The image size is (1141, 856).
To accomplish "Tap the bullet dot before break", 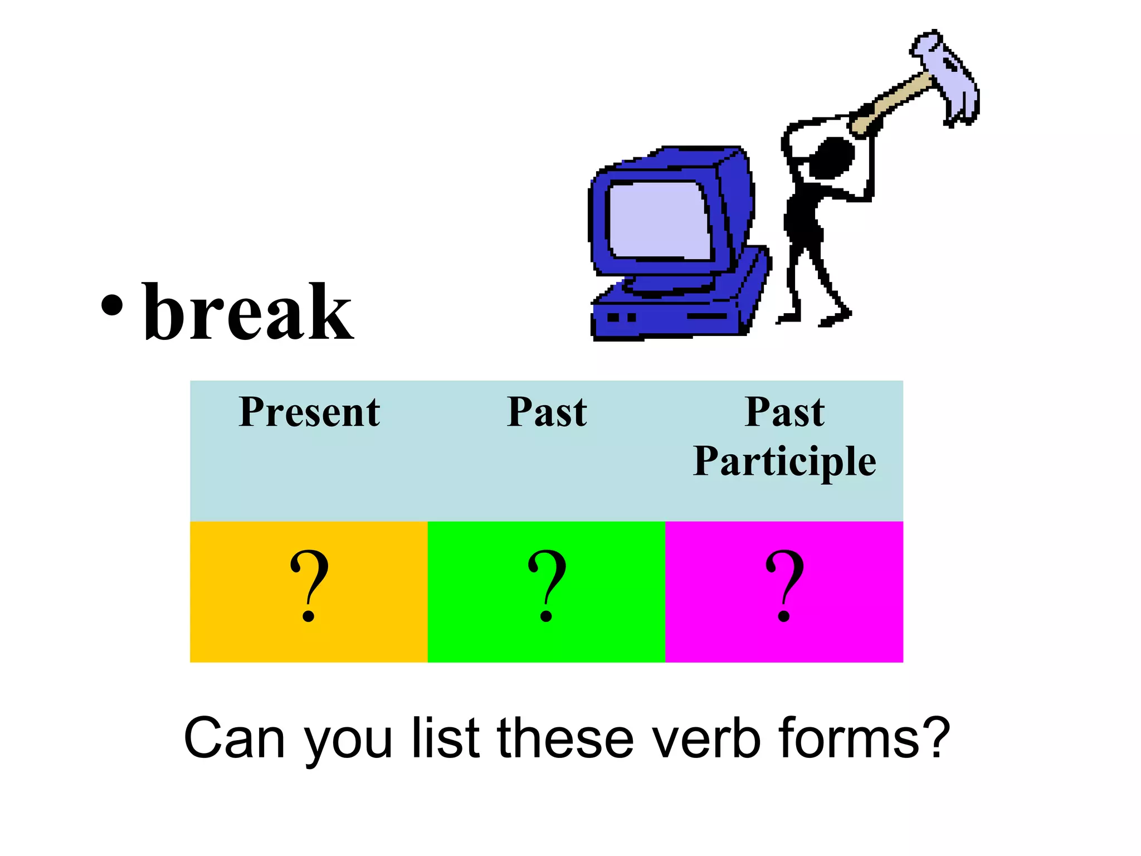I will [112, 305].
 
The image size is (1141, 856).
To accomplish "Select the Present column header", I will [309, 412].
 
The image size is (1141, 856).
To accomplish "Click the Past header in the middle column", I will [547, 412].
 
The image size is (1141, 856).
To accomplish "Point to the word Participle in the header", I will [784, 461].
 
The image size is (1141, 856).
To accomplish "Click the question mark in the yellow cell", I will [309, 585].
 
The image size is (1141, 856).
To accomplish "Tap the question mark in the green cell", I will [547, 585].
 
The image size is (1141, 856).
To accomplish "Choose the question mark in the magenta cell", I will [784, 585].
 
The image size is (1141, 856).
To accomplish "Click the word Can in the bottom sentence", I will [234, 738].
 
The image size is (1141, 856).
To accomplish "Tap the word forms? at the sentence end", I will [864, 738].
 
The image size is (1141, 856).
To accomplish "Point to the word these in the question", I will [565, 738].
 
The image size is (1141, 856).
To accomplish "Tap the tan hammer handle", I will [891, 100].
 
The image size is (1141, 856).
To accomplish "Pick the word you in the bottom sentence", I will [348, 741].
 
